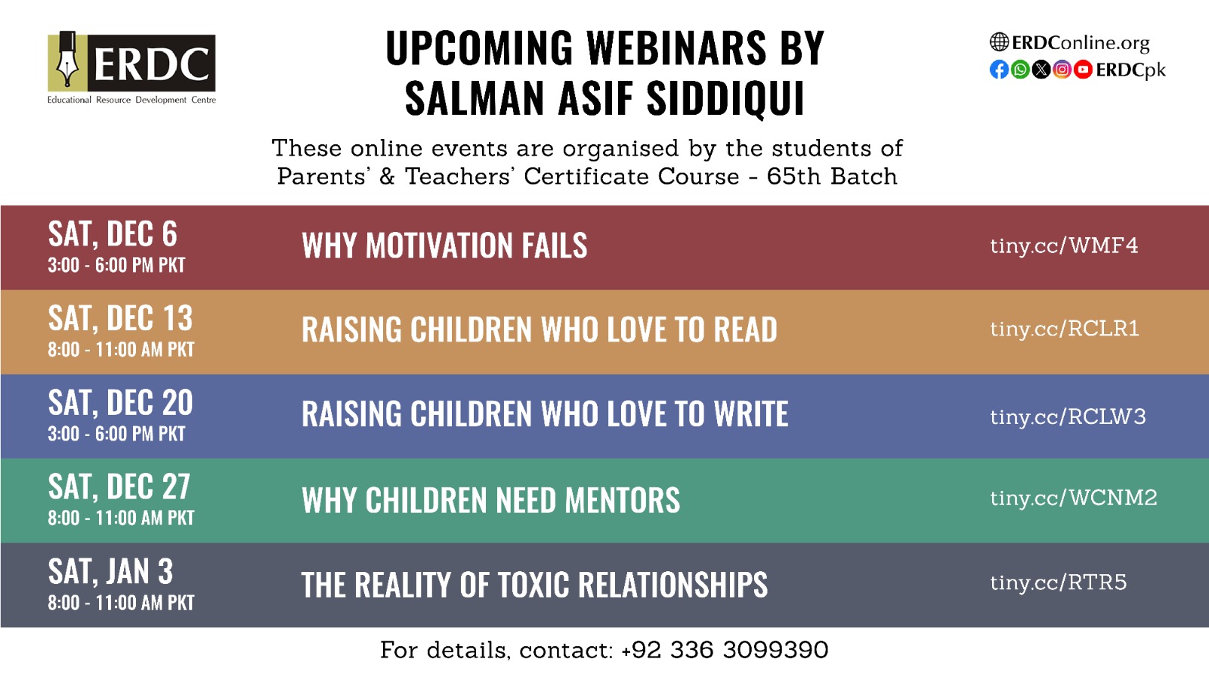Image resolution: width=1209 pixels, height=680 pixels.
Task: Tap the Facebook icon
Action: click(x=999, y=70)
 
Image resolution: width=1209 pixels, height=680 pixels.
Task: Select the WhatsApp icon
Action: click(x=1020, y=70)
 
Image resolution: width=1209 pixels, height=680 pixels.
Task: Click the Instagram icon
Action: click(x=1062, y=70)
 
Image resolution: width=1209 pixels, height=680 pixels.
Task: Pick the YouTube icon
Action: click(x=1083, y=70)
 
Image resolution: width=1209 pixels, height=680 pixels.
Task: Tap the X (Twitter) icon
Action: click(x=1041, y=70)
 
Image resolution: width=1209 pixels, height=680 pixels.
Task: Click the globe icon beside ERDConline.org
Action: click(x=999, y=42)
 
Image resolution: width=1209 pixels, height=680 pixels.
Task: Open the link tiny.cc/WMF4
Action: click(x=1064, y=246)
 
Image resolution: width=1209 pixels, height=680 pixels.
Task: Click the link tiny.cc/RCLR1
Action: click(x=1065, y=329)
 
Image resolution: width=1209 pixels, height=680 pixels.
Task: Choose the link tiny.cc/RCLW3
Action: click(x=1068, y=417)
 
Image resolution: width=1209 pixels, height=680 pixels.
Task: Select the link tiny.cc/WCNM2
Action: click(x=1074, y=498)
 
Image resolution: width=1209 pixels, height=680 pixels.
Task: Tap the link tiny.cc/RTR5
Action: click(x=1059, y=583)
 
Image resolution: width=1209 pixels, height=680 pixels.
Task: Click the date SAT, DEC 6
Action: click(x=113, y=234)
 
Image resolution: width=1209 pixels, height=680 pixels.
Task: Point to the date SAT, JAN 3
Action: click(x=110, y=571)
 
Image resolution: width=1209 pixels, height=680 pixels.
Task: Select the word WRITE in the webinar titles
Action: click(x=751, y=415)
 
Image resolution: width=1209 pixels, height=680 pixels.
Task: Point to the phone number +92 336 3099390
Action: click(x=725, y=651)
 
